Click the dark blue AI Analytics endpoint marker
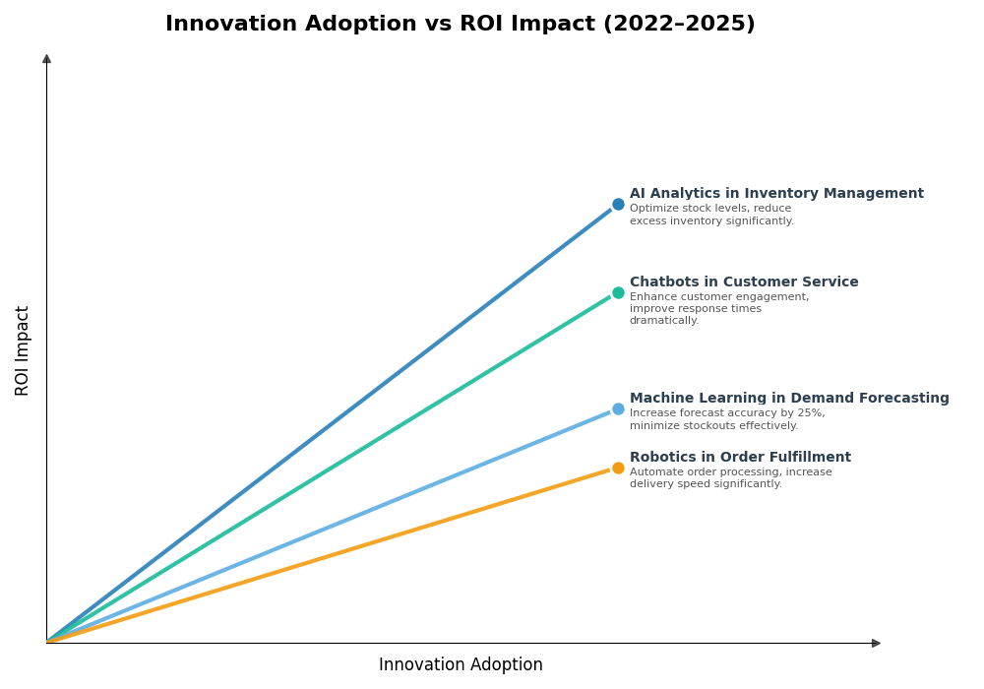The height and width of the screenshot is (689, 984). pos(618,205)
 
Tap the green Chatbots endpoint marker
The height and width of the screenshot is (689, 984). pos(618,292)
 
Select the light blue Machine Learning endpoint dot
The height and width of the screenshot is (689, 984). pos(618,408)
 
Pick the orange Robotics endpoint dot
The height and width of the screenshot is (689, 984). pos(618,468)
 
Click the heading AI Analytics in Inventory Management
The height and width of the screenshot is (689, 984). pos(776,194)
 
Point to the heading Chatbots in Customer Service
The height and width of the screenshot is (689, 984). pos(744,282)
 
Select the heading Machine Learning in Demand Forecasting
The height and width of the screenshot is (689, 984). pos(789,399)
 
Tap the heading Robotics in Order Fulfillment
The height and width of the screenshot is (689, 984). pos(740,458)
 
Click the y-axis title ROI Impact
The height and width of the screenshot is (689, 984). pos(23,350)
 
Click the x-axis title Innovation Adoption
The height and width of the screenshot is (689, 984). pos(461,665)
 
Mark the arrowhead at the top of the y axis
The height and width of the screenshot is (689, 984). pos(46,59)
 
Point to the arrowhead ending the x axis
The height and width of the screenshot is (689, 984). pos(875,643)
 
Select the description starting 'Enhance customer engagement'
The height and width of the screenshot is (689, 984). pos(719,297)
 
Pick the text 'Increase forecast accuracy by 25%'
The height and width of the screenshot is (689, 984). pos(727,413)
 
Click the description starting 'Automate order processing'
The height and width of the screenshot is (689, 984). pos(730,472)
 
